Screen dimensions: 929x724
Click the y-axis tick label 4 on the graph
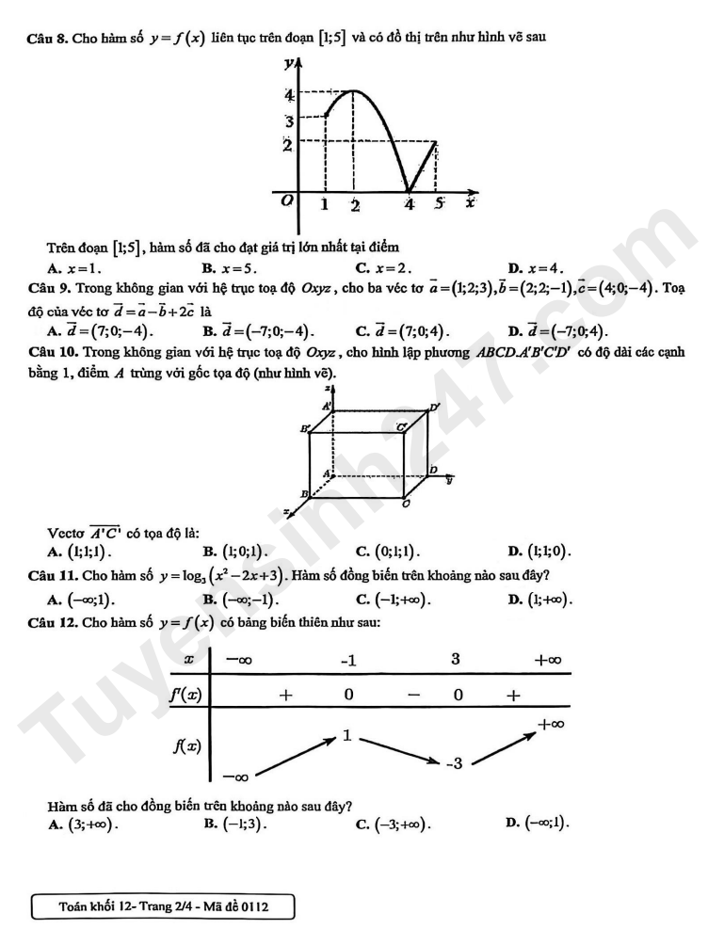coord(290,94)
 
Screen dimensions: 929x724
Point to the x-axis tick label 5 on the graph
coord(438,203)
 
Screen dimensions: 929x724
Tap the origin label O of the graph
coord(288,200)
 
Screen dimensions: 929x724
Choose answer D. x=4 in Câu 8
coord(536,267)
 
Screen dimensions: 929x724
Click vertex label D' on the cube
coord(435,407)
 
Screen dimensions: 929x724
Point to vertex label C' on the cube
coord(401,427)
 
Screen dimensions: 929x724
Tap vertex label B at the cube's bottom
coord(303,493)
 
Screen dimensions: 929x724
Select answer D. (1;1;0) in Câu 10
coord(539,552)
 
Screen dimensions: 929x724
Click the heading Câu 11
coord(53,574)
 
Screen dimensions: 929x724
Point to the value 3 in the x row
coord(455,659)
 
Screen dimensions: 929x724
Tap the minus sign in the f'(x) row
coord(413,696)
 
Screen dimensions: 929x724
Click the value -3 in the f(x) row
coord(453,763)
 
